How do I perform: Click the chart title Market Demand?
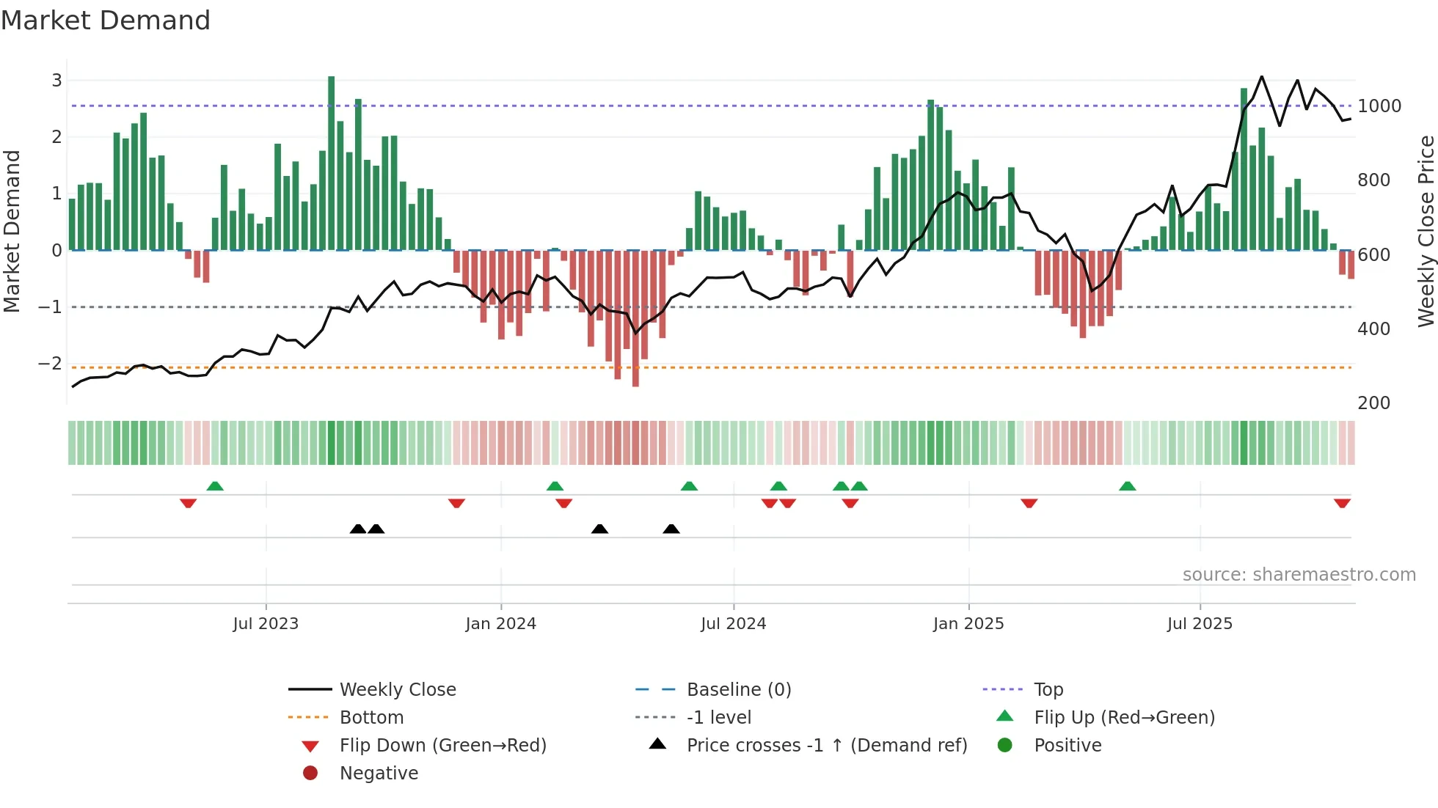coord(106,21)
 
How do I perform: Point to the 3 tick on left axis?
coord(56,81)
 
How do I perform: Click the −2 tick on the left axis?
coord(50,364)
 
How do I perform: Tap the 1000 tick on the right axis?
coord(1379,106)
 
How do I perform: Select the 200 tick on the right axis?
coord(1373,403)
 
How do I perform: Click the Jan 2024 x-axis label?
coord(500,624)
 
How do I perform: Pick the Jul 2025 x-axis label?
coord(1200,624)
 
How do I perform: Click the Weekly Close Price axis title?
coord(1426,231)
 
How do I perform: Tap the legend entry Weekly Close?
coord(397,690)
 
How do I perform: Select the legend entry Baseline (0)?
coord(738,690)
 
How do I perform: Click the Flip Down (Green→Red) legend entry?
coord(442,746)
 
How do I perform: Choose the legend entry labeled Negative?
coord(379,774)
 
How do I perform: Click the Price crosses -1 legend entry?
coord(826,746)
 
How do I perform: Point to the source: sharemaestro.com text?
coord(1299,575)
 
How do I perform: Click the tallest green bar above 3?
coord(332,78)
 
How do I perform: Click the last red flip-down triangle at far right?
coord(1342,503)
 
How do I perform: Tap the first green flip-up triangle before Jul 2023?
coord(215,486)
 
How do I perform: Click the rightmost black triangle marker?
coord(671,529)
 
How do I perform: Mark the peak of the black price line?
coord(1262,76)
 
